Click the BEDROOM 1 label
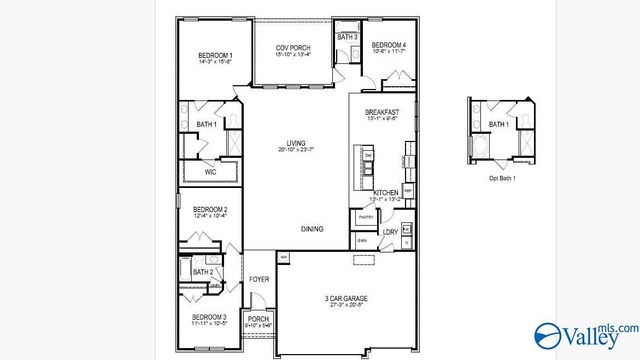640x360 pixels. click(215, 55)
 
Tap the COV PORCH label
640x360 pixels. click(293, 48)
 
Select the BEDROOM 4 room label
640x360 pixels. click(388, 46)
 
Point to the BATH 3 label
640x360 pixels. click(347, 37)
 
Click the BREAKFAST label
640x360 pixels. click(382, 112)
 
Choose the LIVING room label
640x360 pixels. click(296, 144)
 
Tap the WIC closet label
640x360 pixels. click(210, 172)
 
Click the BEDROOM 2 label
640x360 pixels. click(211, 209)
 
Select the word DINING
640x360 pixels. click(312, 229)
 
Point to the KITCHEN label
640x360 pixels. click(387, 192)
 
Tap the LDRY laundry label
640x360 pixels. click(390, 232)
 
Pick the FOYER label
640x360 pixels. click(259, 279)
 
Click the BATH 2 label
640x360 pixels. click(203, 272)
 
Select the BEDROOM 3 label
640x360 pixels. click(210, 317)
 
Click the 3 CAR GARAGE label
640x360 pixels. click(344, 299)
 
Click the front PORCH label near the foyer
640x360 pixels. click(259, 320)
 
